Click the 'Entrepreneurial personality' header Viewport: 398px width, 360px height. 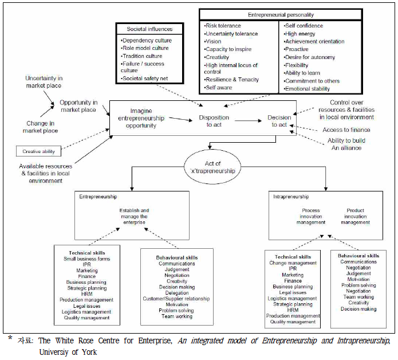(280, 15)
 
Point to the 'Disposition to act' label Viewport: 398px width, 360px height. (214, 122)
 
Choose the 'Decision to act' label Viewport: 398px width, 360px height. (279, 122)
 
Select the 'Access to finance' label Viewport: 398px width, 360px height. (346, 130)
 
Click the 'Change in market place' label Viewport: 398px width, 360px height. (41, 127)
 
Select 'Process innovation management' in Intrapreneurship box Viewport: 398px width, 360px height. (311, 216)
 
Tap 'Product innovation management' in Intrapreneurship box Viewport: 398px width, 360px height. (356, 216)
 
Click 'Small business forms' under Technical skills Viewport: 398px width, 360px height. (87, 259)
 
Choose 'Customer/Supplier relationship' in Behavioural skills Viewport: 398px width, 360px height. (176, 299)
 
